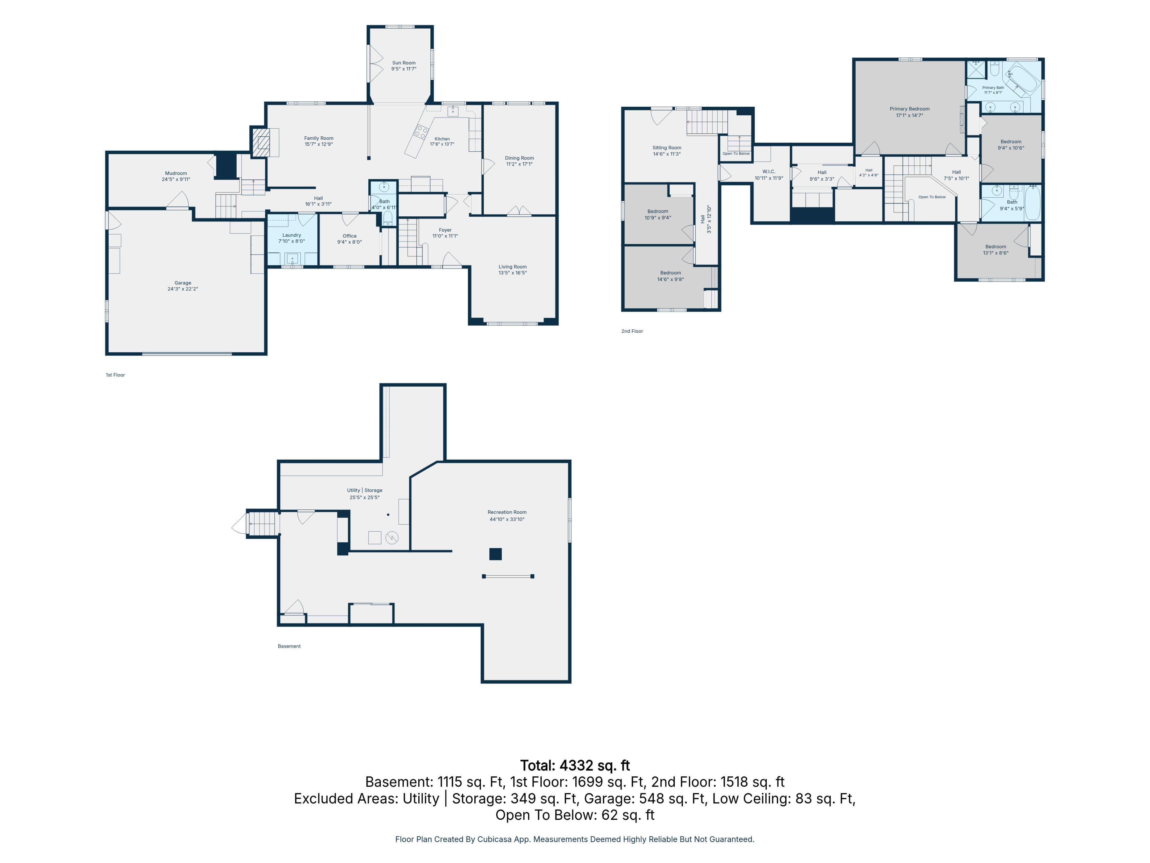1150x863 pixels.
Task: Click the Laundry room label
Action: [292, 235]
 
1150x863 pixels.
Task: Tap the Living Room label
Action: [513, 267]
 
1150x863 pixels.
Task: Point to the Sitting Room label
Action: [667, 148]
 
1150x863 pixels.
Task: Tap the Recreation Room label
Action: [507, 512]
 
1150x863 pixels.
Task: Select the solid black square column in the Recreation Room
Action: [495, 554]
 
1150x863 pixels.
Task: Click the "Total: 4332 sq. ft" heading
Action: [575, 766]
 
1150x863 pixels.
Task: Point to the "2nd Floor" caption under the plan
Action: [632, 331]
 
